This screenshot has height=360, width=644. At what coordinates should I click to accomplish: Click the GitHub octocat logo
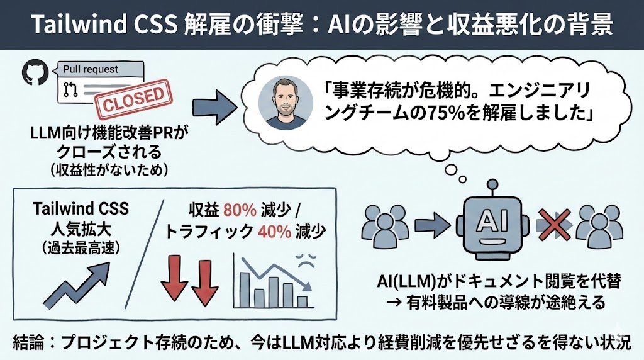point(35,74)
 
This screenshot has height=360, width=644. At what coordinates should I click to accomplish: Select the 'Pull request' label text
point(91,69)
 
